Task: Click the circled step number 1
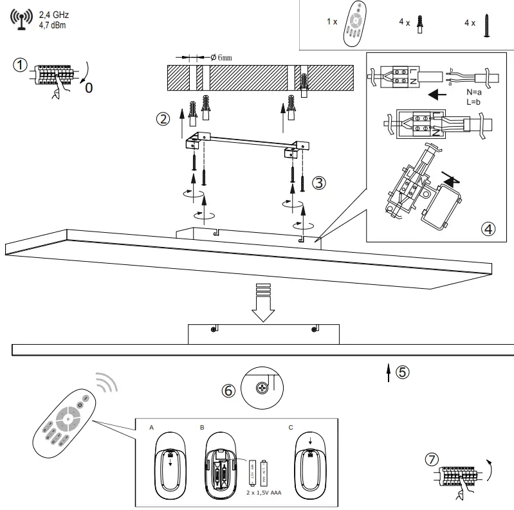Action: click(x=21, y=65)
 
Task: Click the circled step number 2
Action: click(x=163, y=118)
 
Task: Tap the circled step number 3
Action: click(x=319, y=183)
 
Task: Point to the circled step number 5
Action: click(x=401, y=372)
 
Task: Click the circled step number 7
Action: click(x=432, y=460)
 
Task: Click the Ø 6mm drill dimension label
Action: click(x=221, y=57)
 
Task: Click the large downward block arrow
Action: click(x=264, y=302)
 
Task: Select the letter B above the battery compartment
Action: click(x=202, y=427)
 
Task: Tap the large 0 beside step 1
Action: click(x=88, y=87)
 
